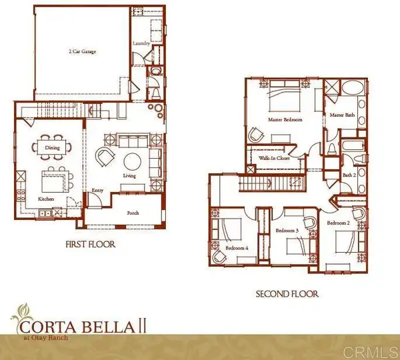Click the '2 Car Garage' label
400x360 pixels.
point(81,51)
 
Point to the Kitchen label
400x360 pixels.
point(45,199)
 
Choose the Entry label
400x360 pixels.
point(97,191)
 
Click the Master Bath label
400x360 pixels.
point(341,115)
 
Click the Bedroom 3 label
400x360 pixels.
point(287,231)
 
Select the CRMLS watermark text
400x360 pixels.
point(377,350)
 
